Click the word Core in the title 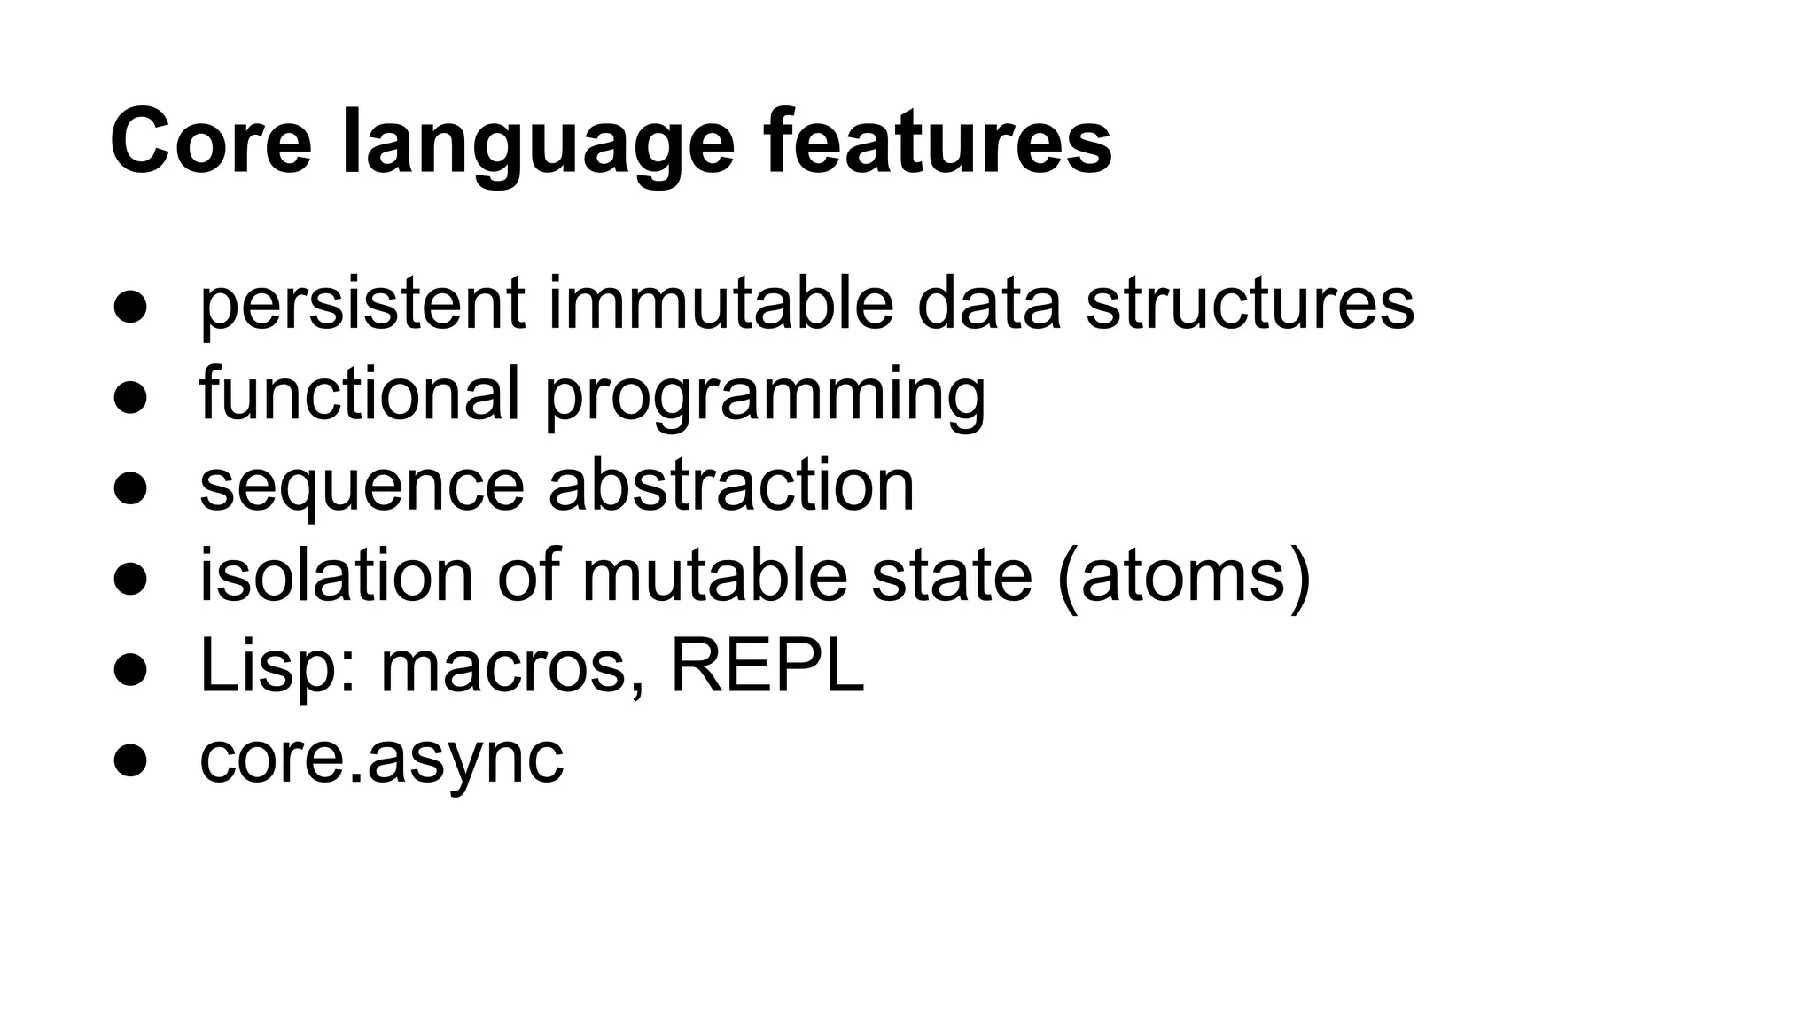coord(211,142)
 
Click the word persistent coord(362,304)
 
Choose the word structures coord(1249,302)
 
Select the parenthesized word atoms coord(1184,576)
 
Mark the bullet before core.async coord(129,761)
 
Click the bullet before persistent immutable coord(129,308)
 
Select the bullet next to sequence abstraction coord(129,489)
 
